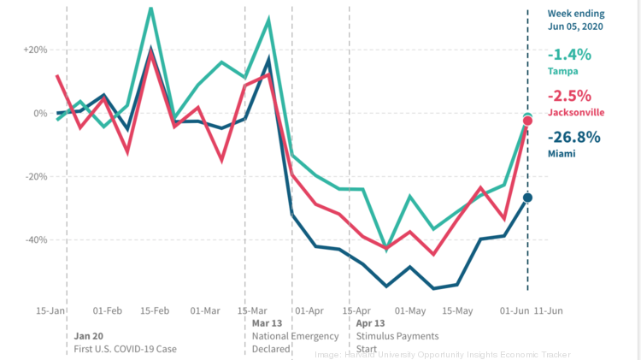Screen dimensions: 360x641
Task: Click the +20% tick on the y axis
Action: point(36,50)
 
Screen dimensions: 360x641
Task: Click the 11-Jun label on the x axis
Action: point(548,311)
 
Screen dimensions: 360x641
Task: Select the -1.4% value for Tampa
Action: point(569,55)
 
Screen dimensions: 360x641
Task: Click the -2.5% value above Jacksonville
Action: point(569,96)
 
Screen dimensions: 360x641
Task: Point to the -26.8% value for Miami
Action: point(574,137)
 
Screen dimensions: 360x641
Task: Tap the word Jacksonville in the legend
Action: point(576,112)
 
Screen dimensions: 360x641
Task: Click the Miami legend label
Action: point(562,153)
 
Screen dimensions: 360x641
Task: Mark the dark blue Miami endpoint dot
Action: point(527,198)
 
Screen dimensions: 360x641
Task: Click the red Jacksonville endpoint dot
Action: point(527,121)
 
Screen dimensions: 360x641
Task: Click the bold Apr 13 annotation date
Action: point(369,324)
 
